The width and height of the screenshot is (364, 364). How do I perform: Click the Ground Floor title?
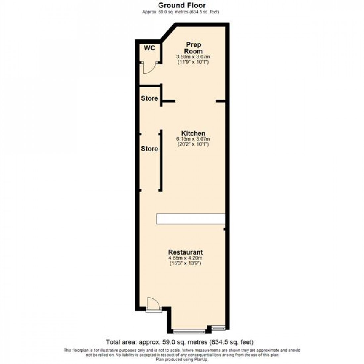click(x=182, y=5)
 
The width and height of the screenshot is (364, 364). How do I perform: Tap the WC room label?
click(x=149, y=48)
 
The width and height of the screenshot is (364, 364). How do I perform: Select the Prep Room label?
click(x=193, y=48)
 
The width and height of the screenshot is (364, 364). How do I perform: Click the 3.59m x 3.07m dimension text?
click(x=193, y=57)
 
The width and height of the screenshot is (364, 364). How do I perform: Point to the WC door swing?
click(x=148, y=69)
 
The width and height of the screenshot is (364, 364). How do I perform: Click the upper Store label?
click(x=149, y=98)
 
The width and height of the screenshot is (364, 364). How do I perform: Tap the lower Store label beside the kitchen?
click(x=149, y=149)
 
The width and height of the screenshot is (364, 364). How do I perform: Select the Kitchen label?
click(x=193, y=133)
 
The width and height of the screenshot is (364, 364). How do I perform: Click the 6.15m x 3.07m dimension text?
click(x=193, y=139)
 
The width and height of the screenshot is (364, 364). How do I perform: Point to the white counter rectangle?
click(x=190, y=219)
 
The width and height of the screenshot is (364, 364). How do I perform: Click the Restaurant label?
click(x=185, y=252)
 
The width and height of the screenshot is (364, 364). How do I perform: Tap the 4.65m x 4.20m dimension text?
click(x=185, y=258)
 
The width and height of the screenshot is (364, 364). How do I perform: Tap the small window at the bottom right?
click(x=218, y=328)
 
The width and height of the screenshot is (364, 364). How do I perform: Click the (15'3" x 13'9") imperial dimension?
click(x=185, y=263)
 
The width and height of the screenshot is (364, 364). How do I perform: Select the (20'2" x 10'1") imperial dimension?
click(x=193, y=144)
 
